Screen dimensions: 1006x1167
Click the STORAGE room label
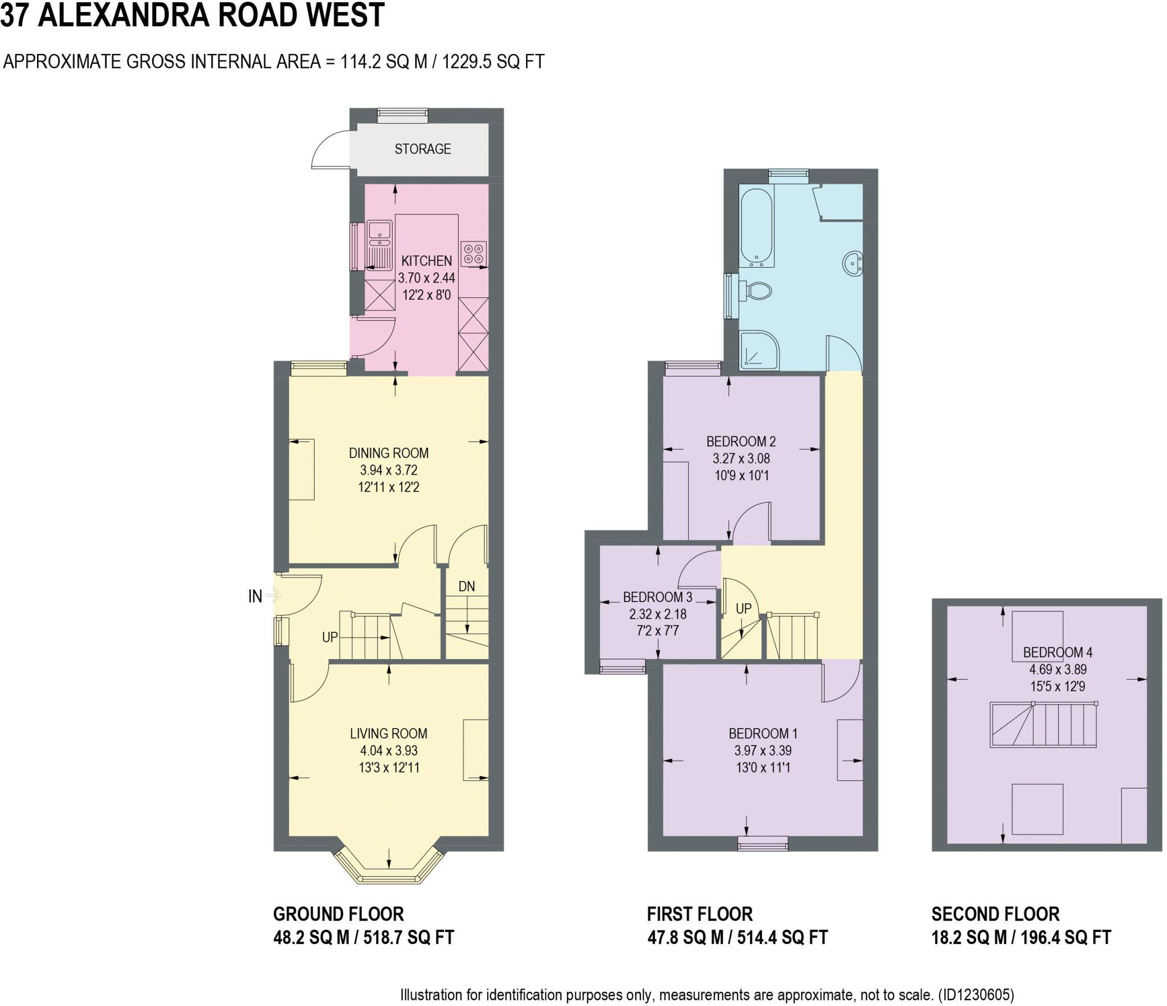[422, 149]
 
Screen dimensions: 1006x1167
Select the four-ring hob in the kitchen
[474, 253]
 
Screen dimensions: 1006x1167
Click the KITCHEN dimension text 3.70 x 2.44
[426, 278]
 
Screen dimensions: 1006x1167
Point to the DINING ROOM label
[389, 453]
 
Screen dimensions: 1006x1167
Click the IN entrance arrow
[274, 596]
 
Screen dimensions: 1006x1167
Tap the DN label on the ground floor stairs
[466, 586]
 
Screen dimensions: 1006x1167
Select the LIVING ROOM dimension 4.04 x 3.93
[389, 750]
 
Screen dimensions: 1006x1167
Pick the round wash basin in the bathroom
[853, 264]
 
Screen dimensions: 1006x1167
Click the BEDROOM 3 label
[657, 597]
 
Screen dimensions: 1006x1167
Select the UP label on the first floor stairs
[743, 608]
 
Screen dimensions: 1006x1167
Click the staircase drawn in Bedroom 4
[1043, 725]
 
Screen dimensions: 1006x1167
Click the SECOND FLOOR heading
[995, 914]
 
